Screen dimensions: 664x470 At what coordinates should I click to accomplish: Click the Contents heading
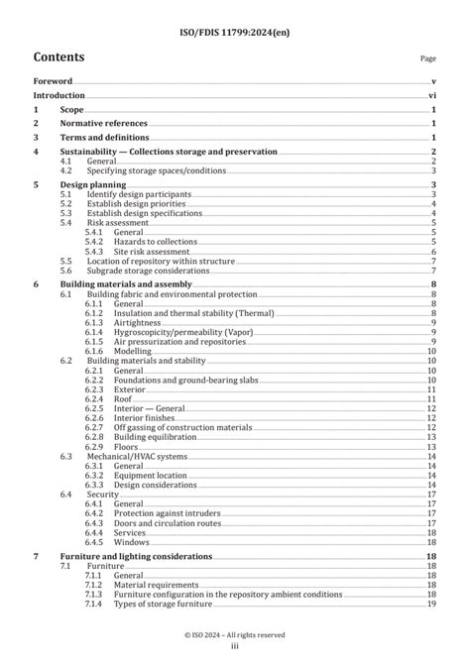(x=64, y=57)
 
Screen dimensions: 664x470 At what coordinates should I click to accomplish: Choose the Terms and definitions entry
(x=111, y=137)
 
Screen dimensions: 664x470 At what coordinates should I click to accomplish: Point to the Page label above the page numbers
(x=428, y=59)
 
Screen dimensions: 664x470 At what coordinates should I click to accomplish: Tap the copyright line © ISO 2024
(x=235, y=634)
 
